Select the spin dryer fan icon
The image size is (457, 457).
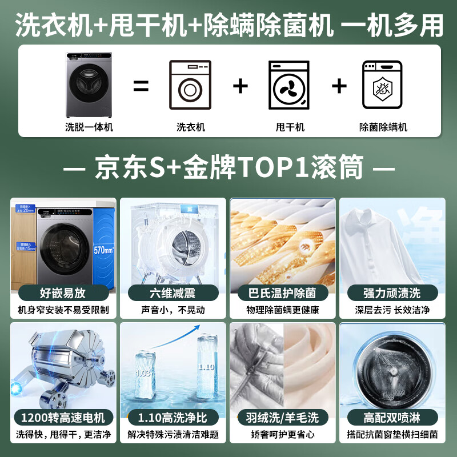(x=288, y=86)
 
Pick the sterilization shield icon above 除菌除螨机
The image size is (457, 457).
(x=382, y=86)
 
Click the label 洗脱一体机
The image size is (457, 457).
(x=89, y=127)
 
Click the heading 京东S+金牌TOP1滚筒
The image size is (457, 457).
(x=228, y=169)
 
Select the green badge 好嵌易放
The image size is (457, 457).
(x=63, y=293)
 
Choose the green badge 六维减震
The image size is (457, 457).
(x=173, y=293)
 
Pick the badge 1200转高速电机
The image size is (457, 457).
(x=63, y=418)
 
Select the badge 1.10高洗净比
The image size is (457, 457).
(x=173, y=418)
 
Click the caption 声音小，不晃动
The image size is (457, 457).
(x=173, y=310)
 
